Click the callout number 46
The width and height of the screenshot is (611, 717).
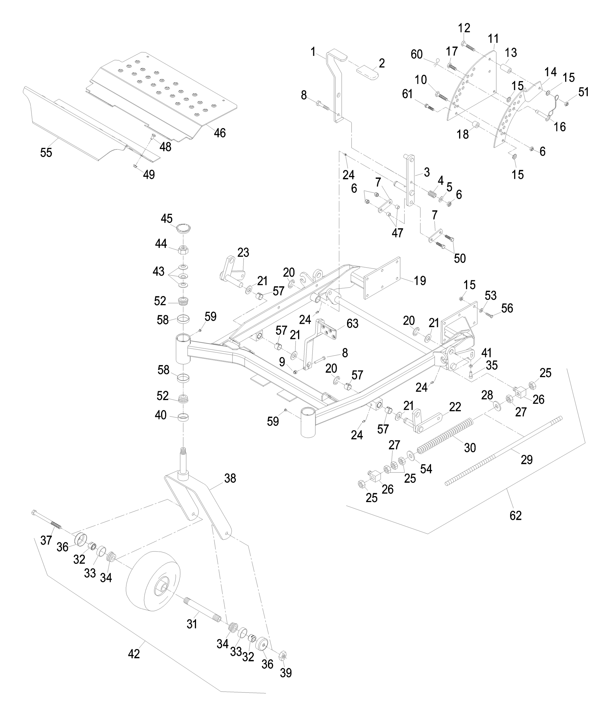[220, 133]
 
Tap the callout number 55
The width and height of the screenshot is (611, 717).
[46, 153]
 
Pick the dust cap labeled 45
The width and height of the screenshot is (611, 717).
[184, 229]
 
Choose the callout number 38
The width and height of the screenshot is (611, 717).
[230, 478]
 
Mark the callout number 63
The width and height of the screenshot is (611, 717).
[352, 324]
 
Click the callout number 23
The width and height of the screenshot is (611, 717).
[243, 252]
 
